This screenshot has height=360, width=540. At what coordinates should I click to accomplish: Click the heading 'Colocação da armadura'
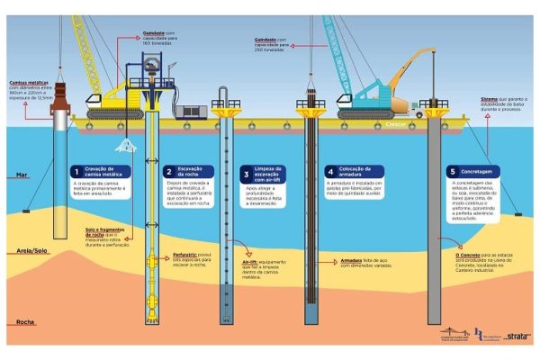[x=353, y=170]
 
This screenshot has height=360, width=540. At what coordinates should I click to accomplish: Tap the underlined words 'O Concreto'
[x=468, y=255]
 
